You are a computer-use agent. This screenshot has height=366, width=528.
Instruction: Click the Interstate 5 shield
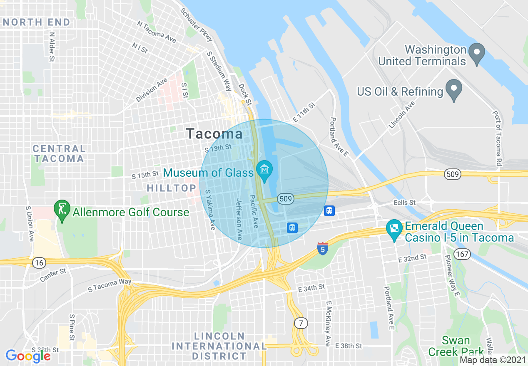click(322, 248)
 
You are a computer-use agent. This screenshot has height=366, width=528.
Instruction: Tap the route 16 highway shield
click(39, 262)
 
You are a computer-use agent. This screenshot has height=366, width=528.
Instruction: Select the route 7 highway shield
click(300, 323)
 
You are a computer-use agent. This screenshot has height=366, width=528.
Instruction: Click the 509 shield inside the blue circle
click(285, 199)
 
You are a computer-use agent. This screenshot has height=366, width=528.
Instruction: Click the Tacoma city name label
click(214, 134)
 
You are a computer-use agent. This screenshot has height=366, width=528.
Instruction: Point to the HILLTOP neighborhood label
click(171, 188)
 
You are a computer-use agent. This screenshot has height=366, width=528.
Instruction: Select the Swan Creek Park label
click(456, 346)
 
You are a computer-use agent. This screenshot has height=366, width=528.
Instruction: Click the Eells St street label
click(404, 203)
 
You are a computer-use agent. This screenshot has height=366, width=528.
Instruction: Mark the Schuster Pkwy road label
click(197, 24)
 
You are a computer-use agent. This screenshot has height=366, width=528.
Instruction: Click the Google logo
click(28, 356)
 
